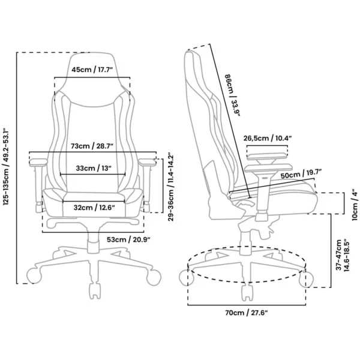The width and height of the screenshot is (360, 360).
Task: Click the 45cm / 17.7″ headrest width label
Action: click(92, 70)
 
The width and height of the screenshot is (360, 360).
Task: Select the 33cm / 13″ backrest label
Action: click(94, 168)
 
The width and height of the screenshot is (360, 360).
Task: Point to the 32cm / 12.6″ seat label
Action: click(94, 208)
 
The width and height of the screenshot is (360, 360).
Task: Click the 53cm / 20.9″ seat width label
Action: click(128, 239)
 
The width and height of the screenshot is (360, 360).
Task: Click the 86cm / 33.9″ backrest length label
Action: click(232, 95)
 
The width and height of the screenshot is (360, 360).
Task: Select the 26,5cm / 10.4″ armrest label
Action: click(268, 138)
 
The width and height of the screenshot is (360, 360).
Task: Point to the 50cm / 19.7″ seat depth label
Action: click(301, 174)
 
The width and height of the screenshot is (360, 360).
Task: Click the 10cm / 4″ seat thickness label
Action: click(355, 205)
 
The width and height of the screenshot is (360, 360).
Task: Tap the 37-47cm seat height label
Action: click(343, 256)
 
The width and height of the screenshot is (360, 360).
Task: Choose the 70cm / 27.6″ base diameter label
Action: click(247, 313)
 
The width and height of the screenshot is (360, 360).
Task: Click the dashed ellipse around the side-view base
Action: click(247, 282)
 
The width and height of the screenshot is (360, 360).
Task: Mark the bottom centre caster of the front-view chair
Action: click(95, 291)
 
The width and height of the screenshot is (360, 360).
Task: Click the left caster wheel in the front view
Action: click(34, 277)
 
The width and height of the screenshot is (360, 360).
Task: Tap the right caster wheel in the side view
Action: click(307, 279)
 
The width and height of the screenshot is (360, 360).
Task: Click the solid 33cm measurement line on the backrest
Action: click(93, 175)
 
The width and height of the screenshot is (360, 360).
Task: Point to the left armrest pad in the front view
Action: click(38, 162)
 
